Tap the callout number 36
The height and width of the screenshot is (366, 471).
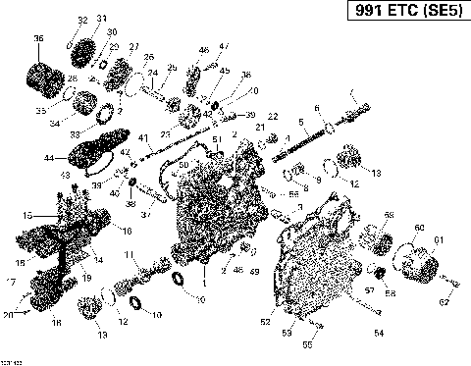[x=38, y=39]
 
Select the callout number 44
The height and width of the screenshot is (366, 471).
[x=49, y=157]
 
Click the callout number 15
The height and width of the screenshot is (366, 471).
[x=28, y=215]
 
